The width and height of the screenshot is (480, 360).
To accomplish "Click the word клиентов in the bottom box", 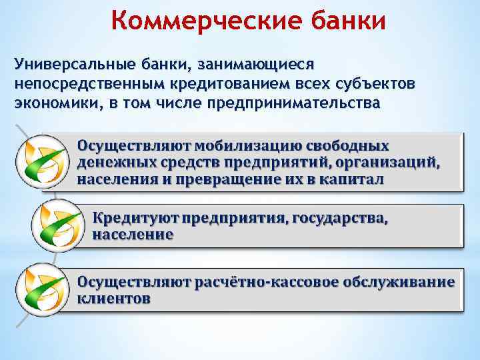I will coord(113,299).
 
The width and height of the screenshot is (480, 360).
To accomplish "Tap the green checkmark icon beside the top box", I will coord(42,160).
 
